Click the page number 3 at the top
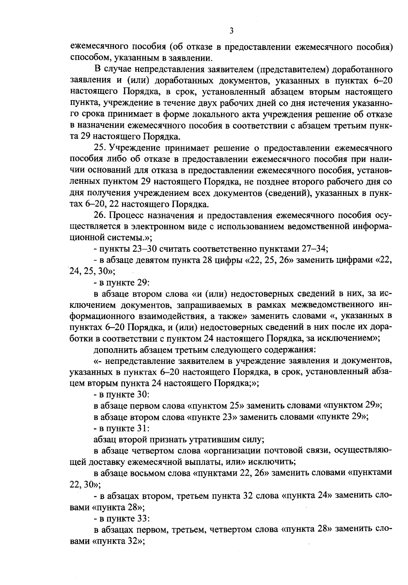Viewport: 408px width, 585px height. [231, 31]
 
